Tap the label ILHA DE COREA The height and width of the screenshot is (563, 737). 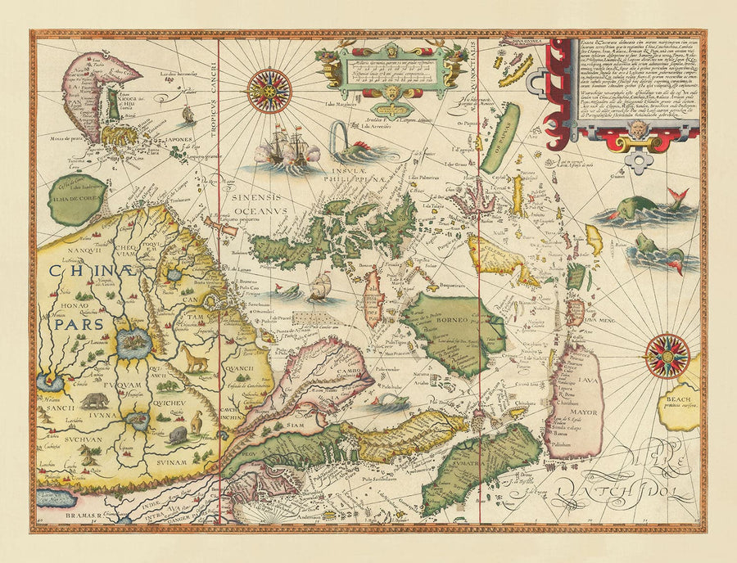pos(76,199)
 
